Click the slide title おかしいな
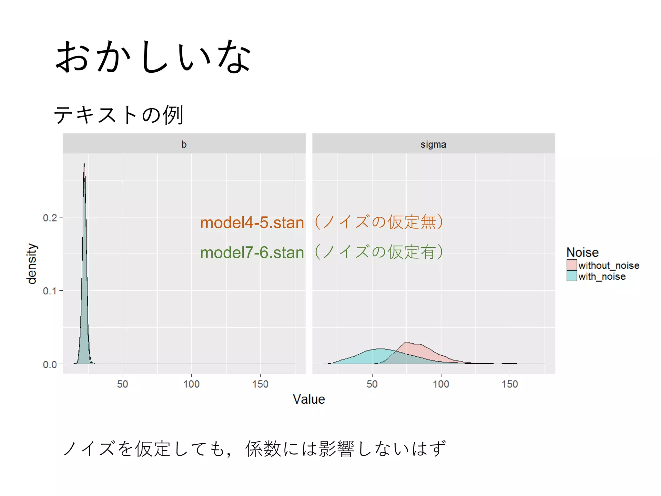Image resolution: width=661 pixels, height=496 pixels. (153, 57)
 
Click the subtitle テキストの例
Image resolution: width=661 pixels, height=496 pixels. (118, 115)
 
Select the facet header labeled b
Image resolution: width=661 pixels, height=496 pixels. (184, 144)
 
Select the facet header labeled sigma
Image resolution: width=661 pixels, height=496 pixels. (433, 144)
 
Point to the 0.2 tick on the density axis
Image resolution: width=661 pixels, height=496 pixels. (50, 218)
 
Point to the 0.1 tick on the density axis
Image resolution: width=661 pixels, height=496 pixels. (50, 291)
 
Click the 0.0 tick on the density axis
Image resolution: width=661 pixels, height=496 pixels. (50, 365)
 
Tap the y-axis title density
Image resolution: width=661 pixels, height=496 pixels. (32, 264)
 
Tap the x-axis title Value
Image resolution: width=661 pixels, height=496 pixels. (309, 399)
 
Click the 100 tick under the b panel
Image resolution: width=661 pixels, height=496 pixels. (191, 384)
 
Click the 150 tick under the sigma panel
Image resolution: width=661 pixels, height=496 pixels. (510, 384)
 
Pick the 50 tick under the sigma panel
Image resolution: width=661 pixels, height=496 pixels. (372, 384)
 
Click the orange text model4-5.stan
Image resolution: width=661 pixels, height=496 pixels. (252, 223)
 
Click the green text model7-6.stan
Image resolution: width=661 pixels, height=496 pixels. (252, 253)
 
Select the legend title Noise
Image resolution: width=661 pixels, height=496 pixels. (582, 252)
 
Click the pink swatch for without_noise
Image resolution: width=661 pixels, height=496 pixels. (572, 265)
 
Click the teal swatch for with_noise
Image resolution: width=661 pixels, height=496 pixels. (572, 276)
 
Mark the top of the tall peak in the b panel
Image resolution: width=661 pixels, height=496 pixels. (84, 164)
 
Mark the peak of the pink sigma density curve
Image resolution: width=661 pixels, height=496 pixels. (407, 342)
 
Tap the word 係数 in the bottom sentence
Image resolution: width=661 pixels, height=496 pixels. (263, 449)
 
